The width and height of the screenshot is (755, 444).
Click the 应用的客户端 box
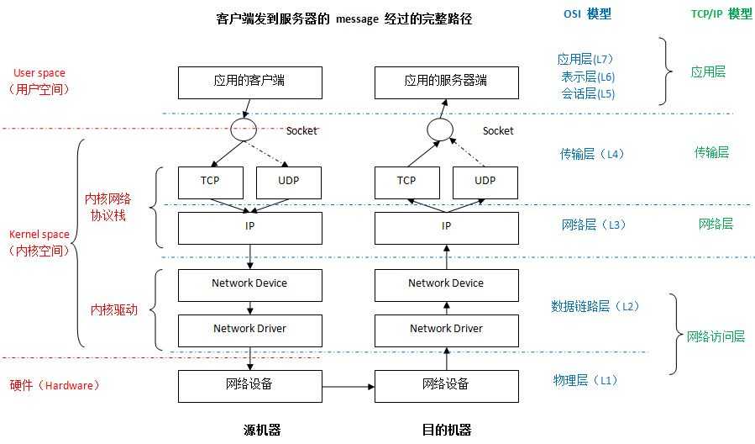(250, 82)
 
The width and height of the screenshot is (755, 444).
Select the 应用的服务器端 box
(446, 82)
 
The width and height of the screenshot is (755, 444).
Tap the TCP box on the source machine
(210, 181)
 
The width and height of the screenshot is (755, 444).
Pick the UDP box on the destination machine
(485, 181)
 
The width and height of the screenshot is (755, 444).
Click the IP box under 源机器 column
(250, 227)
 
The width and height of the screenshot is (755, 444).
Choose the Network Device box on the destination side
(446, 284)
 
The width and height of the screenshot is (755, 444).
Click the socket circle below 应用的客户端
(244, 130)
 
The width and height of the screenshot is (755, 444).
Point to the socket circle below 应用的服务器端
(439, 129)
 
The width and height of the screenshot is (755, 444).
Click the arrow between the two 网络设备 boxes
(348, 387)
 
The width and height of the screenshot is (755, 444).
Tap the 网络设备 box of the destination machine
(446, 385)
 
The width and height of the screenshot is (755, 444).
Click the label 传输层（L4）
(593, 154)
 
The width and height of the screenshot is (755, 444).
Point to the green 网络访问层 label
(716, 336)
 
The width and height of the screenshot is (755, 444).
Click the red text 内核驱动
(113, 309)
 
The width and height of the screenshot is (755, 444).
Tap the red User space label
(39, 74)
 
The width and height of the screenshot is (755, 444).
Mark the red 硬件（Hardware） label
(55, 385)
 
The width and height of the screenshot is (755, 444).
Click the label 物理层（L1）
(585, 380)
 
